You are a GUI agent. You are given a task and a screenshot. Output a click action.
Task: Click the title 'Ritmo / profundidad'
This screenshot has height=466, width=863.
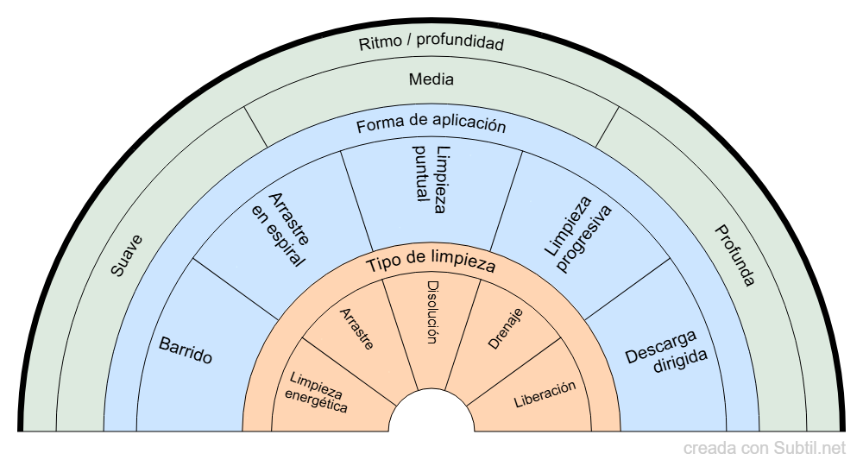pyautogui.click(x=431, y=43)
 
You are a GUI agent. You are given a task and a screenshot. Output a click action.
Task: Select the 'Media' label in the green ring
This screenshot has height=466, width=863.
pyautogui.click(x=431, y=79)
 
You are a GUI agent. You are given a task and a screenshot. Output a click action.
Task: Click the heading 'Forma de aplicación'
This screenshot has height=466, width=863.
pyautogui.click(x=431, y=125)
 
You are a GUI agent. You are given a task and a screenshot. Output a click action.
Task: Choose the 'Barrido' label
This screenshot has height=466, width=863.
pyautogui.click(x=186, y=349)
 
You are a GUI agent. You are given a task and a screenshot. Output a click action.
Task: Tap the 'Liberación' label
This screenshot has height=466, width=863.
pyautogui.click(x=545, y=394)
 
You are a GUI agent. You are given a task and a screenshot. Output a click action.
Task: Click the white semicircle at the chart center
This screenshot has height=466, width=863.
pyautogui.click(x=431, y=414)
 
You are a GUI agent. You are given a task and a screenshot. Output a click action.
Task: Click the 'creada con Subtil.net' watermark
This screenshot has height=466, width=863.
pyautogui.click(x=765, y=449)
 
